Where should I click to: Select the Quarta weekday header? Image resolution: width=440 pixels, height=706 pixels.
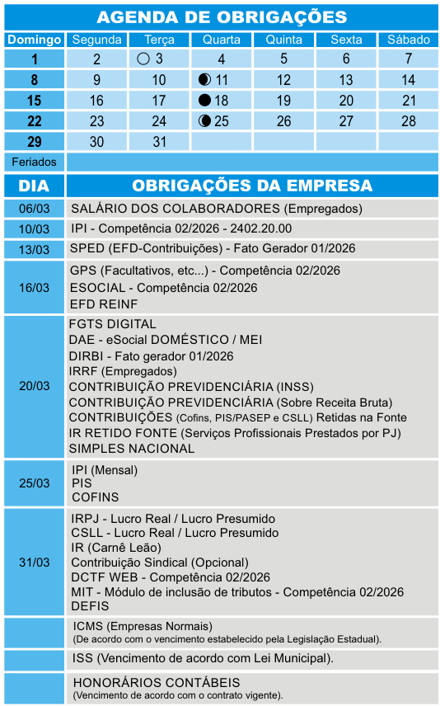point(222,40)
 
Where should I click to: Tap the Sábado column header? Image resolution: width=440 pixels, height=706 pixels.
point(408,40)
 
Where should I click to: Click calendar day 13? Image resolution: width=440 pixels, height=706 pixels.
point(346,80)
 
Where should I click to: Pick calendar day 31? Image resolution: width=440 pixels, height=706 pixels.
point(159,142)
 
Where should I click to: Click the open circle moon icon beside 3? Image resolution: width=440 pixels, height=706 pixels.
point(143,59)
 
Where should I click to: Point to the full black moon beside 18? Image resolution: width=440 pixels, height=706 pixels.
point(204,101)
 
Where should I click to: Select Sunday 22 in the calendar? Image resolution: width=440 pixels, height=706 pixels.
point(35,121)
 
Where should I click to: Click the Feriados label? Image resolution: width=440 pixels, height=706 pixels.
point(35,162)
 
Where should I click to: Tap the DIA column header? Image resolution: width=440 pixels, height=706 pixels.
point(35,186)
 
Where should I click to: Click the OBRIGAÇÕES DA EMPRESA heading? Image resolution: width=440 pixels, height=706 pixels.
point(252,186)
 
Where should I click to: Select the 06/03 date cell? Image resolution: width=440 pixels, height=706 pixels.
point(35,209)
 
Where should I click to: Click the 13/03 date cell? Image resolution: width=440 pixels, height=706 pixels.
point(35,249)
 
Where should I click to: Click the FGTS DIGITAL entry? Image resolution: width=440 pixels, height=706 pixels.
point(113,324)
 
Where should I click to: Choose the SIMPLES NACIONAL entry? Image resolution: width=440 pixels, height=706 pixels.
point(132,449)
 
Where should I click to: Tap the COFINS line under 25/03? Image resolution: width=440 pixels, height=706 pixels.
point(96,497)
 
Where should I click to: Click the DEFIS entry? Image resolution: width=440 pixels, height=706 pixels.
point(91,606)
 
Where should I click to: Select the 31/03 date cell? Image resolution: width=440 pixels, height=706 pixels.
point(35,562)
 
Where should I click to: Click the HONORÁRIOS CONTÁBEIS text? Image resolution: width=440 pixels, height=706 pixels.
point(157,683)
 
